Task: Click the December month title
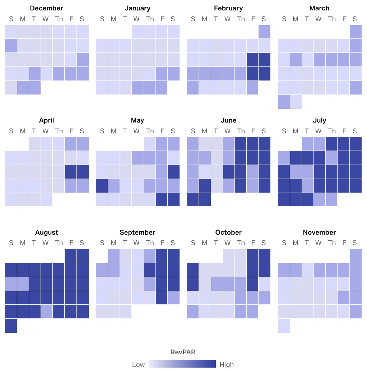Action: coord(47,8)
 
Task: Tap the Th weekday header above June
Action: coord(241,131)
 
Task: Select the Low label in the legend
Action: coord(138,364)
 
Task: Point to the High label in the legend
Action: coord(227,364)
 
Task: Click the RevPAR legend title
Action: coord(183,352)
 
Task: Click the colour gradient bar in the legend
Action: coord(182,364)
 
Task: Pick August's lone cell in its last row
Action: coord(11,326)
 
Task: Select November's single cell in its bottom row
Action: coord(284,326)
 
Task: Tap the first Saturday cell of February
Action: coord(264,32)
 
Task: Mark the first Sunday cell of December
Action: coord(11,32)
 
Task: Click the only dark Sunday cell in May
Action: coord(102,186)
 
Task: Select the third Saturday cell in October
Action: coord(264,284)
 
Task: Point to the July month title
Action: coord(319,120)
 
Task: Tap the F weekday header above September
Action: coord(162,243)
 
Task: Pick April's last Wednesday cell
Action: coord(47,200)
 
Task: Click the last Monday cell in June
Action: coord(205,200)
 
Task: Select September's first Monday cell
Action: coord(114,255)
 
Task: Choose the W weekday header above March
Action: coord(319,19)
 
